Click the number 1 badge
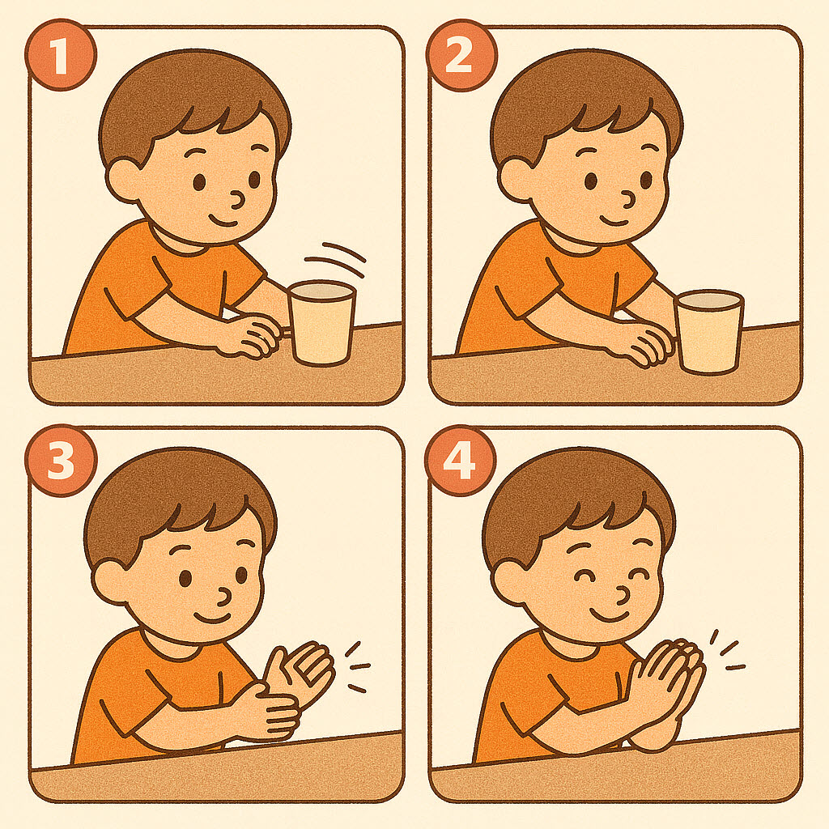click(x=61, y=55)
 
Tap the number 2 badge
click(x=461, y=55)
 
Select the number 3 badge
click(x=61, y=461)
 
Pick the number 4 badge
click(x=461, y=461)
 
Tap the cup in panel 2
click(x=710, y=332)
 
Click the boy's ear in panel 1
click(x=123, y=181)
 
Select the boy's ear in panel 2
click(x=515, y=181)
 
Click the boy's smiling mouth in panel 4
click(x=610, y=615)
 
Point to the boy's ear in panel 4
click(x=508, y=582)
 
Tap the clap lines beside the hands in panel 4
click(x=727, y=650)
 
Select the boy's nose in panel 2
click(x=627, y=200)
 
